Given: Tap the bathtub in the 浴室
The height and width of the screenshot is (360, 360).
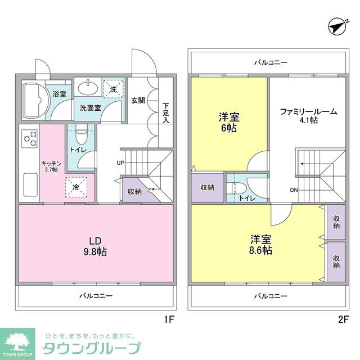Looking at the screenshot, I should pyautogui.click(x=34, y=101).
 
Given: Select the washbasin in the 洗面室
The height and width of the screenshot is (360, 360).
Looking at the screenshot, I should pyautogui.click(x=88, y=87).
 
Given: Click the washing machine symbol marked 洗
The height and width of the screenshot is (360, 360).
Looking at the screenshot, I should pyautogui.click(x=113, y=89).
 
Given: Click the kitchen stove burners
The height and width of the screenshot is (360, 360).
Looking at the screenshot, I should pyautogui.click(x=29, y=138).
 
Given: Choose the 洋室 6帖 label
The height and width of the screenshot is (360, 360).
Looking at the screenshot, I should pyautogui.click(x=229, y=123).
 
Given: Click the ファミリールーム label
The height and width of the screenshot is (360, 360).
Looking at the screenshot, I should pyautogui.click(x=309, y=115).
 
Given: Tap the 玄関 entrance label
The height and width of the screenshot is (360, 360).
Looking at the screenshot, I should pyautogui.click(x=138, y=101).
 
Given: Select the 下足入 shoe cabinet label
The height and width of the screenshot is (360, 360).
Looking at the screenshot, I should pyautogui.click(x=166, y=112).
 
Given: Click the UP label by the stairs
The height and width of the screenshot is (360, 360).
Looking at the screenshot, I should pyautogui.click(x=120, y=163).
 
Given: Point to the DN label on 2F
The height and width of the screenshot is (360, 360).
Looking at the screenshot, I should pyautogui.click(x=294, y=190).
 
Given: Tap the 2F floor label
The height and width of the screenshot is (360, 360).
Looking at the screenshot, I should pyautogui.click(x=344, y=319).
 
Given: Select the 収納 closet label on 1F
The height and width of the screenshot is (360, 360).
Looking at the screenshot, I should pyautogui.click(x=134, y=192).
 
